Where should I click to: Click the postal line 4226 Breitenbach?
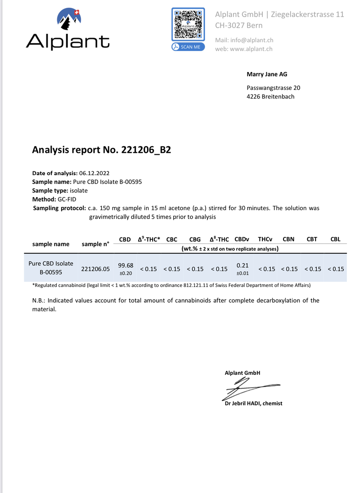point(270,96)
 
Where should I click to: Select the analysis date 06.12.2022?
point(94,173)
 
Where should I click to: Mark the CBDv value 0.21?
point(242,265)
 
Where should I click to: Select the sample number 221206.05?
point(95,269)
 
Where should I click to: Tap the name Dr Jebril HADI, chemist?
point(254,403)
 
